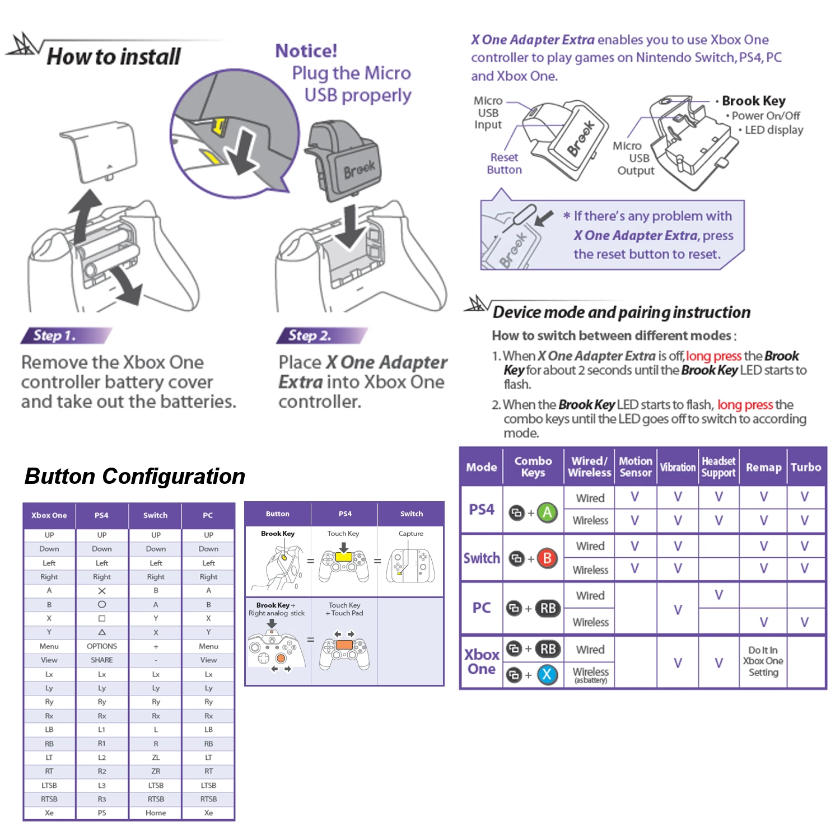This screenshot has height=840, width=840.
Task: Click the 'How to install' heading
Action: (x=114, y=57)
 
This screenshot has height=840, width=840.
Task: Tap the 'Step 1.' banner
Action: (x=54, y=335)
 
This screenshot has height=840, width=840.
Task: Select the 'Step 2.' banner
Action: (x=310, y=335)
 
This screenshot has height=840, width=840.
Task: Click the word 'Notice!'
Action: (x=306, y=51)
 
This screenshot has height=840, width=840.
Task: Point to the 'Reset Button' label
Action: (x=504, y=164)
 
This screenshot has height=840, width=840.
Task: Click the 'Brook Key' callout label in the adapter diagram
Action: (x=753, y=101)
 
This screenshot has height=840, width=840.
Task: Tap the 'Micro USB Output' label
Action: (x=635, y=158)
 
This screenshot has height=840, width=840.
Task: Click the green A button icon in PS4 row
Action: (x=547, y=512)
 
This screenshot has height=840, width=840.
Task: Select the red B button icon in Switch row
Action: (x=547, y=558)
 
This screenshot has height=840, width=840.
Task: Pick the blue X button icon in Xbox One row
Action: (x=547, y=674)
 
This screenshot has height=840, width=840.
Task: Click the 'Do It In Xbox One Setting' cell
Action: (x=763, y=661)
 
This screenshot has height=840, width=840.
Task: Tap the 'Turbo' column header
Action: (x=805, y=467)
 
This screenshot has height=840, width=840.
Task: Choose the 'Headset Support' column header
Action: (x=718, y=467)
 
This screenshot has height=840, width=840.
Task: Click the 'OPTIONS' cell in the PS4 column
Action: (x=102, y=646)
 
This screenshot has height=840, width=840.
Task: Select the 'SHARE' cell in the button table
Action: (x=102, y=660)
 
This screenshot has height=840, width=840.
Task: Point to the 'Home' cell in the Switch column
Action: (x=156, y=813)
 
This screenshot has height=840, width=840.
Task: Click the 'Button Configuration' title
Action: (x=135, y=476)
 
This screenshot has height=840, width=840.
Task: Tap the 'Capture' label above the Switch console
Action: (x=411, y=534)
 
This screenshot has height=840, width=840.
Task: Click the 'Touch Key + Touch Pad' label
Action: (x=344, y=609)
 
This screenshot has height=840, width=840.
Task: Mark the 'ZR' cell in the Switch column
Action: (x=156, y=771)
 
